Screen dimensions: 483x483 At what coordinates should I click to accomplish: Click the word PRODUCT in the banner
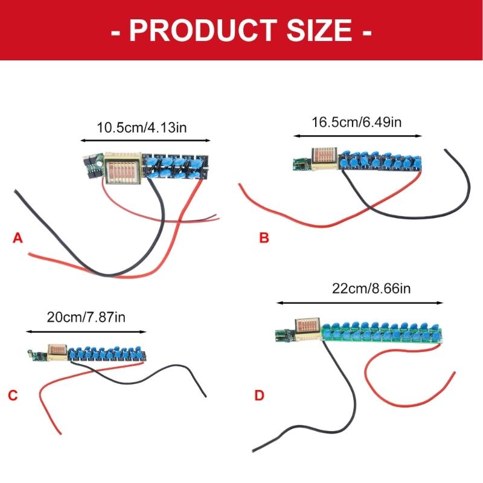[203, 30]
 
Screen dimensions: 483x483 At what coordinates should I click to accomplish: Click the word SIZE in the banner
[319, 30]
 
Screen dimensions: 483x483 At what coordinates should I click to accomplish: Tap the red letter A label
[18, 238]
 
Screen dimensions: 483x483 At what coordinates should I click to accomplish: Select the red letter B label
[264, 238]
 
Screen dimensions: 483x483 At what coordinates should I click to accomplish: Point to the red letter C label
[13, 395]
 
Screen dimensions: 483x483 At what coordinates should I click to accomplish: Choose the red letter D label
[259, 395]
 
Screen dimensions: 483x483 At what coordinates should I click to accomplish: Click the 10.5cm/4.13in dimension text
[142, 127]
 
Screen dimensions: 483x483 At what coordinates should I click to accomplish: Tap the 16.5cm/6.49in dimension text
[357, 123]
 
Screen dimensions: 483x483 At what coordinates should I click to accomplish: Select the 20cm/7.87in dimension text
[86, 318]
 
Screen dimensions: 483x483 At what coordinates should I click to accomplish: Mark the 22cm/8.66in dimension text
[371, 289]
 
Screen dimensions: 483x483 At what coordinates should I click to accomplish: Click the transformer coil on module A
[123, 168]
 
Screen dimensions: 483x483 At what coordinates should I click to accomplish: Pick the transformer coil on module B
[324, 159]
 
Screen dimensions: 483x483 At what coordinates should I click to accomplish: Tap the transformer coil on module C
[57, 353]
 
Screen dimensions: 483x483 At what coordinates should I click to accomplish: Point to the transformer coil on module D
[308, 329]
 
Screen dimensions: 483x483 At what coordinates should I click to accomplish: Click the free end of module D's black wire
[253, 450]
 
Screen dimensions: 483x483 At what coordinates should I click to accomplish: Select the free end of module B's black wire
[446, 150]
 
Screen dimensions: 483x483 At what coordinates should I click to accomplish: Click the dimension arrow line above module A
[146, 141]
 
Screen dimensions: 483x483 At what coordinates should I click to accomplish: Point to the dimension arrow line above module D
[360, 303]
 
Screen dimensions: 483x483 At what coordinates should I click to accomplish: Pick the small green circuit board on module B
[301, 164]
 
